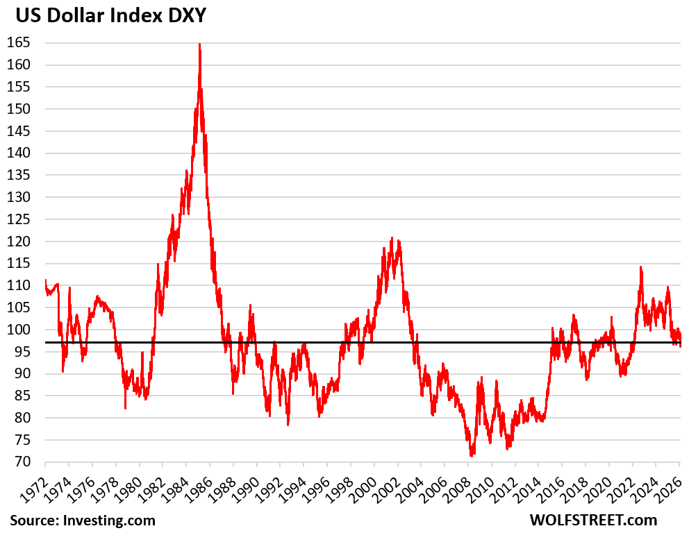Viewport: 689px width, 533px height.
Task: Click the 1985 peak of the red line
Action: tap(199, 44)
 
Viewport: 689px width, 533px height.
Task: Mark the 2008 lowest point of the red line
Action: tap(472, 456)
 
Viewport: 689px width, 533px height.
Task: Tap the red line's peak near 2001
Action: tap(391, 238)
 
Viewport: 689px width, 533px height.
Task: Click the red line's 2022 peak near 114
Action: tap(640, 267)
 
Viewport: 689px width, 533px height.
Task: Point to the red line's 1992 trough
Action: tap(288, 424)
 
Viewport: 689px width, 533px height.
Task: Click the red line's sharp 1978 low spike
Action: tap(125, 408)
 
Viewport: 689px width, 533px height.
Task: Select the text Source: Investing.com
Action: tap(83, 520)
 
